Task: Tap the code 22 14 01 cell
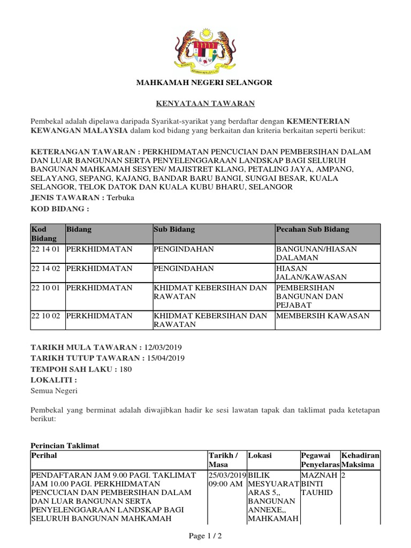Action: pos(47,249)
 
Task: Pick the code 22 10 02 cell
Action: pos(47,316)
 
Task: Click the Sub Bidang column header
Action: pos(174,229)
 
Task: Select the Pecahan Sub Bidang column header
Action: pos(312,229)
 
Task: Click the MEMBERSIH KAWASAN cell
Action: pos(322,316)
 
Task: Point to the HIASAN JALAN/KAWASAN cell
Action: pos(311,272)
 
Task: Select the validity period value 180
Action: pos(125,369)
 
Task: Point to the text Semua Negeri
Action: pos(54,391)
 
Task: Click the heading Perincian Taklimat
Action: pos(65,445)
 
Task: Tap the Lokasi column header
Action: pos(260,455)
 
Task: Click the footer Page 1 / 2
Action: pos(206,536)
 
